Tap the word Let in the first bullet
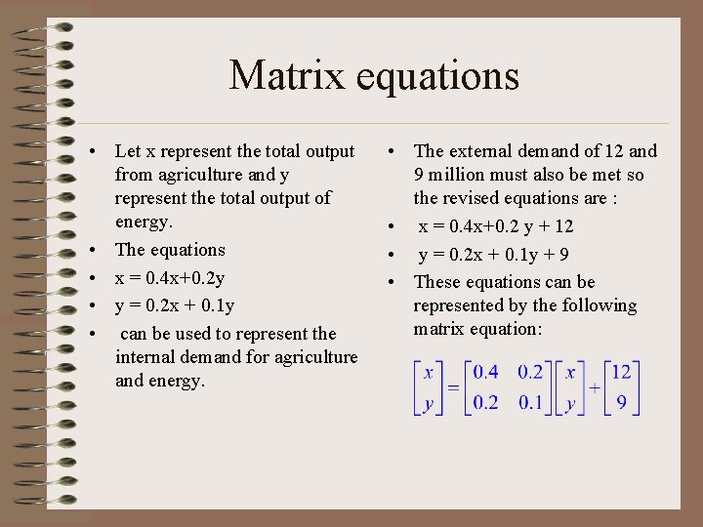tap(127, 151)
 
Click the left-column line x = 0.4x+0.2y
tap(170, 278)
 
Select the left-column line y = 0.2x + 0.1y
tap(175, 306)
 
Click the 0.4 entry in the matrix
tap(485, 373)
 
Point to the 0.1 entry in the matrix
tap(530, 403)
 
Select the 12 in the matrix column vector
tap(621, 373)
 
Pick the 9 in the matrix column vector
tap(621, 403)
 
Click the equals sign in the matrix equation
tap(454, 388)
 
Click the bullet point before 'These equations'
tap(391, 283)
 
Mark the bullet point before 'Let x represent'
tap(91, 152)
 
